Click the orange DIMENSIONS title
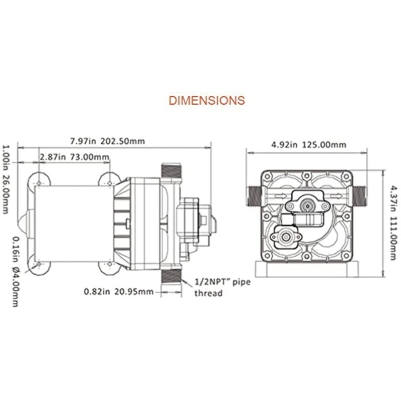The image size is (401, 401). (x=207, y=100)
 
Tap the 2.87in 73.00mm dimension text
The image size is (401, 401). (x=75, y=157)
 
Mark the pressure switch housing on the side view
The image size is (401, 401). (x=191, y=221)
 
